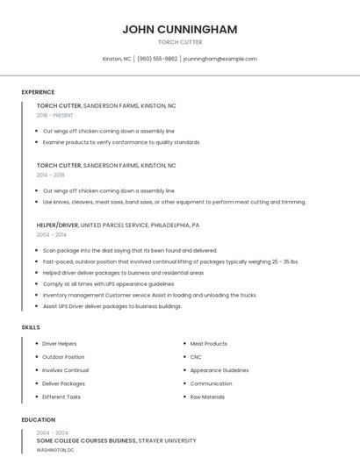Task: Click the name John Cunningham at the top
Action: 180,29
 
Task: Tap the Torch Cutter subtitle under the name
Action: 180,42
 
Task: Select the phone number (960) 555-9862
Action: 157,59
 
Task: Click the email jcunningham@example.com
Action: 220,59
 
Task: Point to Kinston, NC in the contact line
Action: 117,59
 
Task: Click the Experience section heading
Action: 38,92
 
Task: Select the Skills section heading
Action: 31,327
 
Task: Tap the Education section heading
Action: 39,419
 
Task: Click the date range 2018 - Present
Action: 55,115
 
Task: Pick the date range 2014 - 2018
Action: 50,175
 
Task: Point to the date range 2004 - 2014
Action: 51,234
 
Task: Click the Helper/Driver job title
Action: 57,225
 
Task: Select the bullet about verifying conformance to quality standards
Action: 121,142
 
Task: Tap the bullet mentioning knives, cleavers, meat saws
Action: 174,202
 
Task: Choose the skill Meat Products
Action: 209,344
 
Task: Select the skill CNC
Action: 196,357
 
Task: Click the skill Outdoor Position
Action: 63,357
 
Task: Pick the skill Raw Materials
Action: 207,397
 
